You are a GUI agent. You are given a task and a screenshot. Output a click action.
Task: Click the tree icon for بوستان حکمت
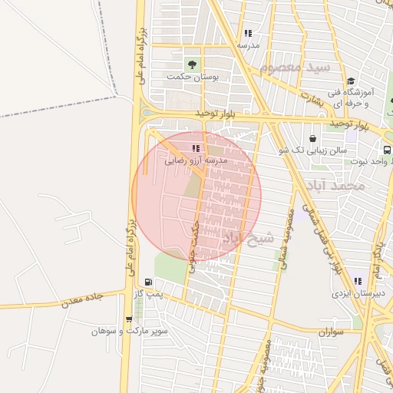[x=191, y=64]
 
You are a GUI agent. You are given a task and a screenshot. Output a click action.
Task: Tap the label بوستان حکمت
[x=194, y=78]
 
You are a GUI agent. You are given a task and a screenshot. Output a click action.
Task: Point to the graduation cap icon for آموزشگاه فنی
[x=351, y=81]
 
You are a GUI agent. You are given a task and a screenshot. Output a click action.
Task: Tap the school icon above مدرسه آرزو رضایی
[x=196, y=148]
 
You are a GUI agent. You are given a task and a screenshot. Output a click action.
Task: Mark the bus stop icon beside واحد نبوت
[x=388, y=150]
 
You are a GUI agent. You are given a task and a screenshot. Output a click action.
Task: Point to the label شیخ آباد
[x=247, y=239]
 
